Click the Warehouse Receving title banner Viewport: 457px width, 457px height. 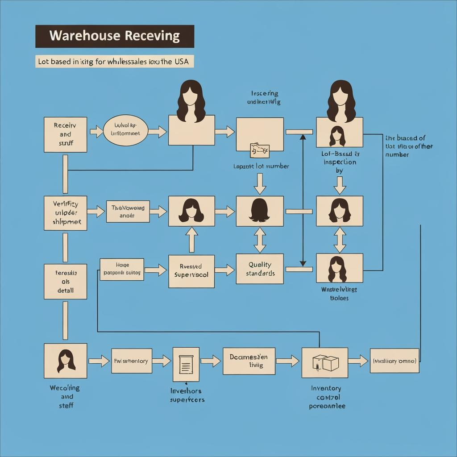(x=115, y=36)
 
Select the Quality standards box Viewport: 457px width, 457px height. (x=259, y=269)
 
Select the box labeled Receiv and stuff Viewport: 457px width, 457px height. (x=65, y=134)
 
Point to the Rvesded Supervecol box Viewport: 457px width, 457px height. (x=191, y=271)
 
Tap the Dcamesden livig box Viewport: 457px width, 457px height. (x=249, y=361)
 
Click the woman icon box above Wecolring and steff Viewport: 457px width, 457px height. (x=65, y=361)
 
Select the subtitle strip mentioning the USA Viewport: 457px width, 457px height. (x=115, y=62)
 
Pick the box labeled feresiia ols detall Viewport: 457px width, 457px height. (x=65, y=282)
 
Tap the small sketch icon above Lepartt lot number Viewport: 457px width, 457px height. (x=260, y=150)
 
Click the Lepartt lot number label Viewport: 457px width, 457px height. (x=261, y=166)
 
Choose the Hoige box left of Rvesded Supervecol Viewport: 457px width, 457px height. (x=121, y=269)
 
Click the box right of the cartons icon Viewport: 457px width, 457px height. (x=395, y=361)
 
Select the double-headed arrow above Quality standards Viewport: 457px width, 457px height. (x=260, y=240)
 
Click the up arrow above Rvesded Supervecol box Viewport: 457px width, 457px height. (x=191, y=240)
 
